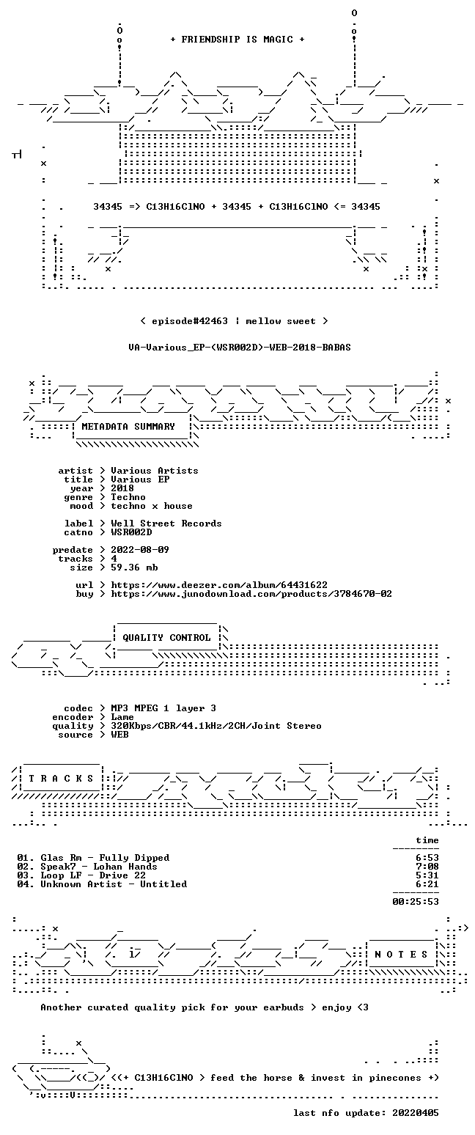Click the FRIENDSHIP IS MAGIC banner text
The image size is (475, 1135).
coord(237,40)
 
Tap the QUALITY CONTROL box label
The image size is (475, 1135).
coord(166,638)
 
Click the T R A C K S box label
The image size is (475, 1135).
coord(61,779)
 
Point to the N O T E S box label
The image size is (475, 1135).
coord(401,955)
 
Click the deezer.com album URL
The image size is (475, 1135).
coord(219,585)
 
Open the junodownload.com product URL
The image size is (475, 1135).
coord(251,594)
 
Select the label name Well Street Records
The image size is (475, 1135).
coord(166,524)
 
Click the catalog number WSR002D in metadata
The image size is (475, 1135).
coord(131,532)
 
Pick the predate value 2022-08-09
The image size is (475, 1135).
coord(140,550)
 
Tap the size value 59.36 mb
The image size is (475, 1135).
coord(134,567)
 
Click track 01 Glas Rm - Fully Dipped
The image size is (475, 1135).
coord(93,858)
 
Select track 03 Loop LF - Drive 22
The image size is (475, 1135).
coord(81,875)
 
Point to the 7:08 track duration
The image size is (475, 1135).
coord(427,867)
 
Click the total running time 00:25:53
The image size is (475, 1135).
coord(415,901)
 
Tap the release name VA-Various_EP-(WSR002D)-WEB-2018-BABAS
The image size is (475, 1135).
coord(240,348)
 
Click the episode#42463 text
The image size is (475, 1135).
coord(190,321)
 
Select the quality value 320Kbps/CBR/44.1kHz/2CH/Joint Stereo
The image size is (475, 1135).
coord(216,726)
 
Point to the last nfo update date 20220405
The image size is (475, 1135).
coord(415,1113)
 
